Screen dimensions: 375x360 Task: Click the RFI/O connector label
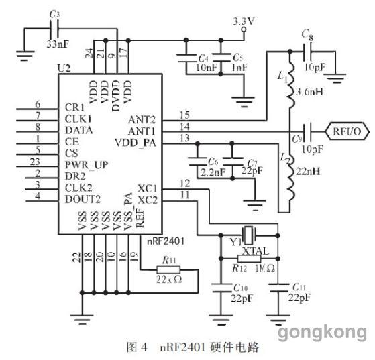tap(347, 131)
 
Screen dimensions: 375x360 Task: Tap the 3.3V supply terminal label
tap(244, 21)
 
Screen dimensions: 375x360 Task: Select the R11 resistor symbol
tap(168, 269)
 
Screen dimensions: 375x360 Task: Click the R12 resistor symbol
tap(249, 259)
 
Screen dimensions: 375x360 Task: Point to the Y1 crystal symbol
tap(249, 234)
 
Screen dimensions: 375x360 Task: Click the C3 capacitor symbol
tap(54, 29)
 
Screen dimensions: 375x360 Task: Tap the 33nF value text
tap(58, 44)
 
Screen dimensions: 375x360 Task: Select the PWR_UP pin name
tap(87, 165)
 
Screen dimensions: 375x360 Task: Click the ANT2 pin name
tap(142, 119)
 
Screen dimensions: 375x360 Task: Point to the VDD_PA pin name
tap(136, 143)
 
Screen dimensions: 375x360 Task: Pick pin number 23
tap(35, 162)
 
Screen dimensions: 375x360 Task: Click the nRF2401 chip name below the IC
tap(166, 241)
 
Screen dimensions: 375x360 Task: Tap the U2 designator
tap(64, 68)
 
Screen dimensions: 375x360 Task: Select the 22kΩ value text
tap(169, 279)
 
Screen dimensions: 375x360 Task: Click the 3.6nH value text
tap(309, 92)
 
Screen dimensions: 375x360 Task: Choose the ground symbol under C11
tap(278, 320)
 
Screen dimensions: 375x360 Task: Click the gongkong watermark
tap(322, 333)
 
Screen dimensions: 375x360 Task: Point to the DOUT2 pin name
tap(83, 199)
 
